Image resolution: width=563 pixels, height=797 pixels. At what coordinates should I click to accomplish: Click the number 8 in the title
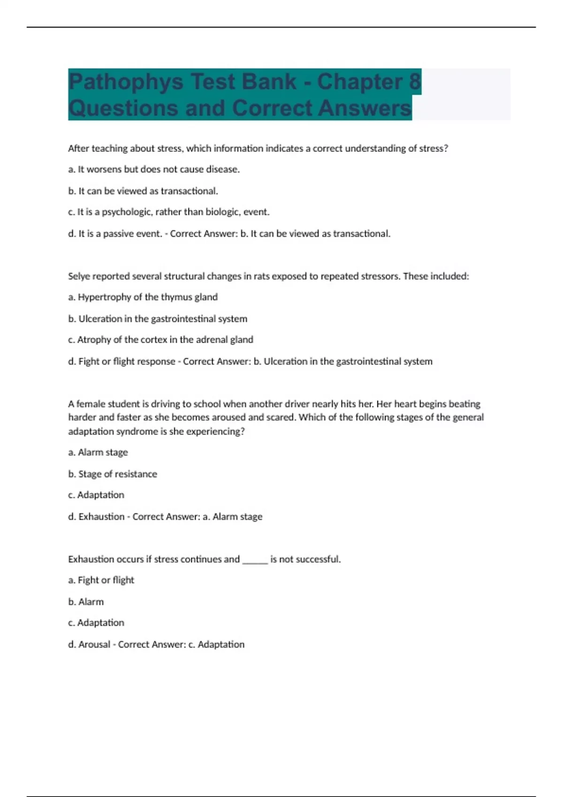tap(414, 82)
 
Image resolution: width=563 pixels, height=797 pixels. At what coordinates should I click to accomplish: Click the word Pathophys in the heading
tap(126, 82)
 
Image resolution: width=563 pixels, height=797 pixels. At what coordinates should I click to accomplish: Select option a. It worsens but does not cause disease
tap(154, 169)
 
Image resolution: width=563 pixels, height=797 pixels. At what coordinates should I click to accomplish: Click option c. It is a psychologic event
tap(169, 212)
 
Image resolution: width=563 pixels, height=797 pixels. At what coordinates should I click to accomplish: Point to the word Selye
tap(80, 276)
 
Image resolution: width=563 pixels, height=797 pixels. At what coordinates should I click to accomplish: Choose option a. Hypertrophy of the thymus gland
tap(143, 297)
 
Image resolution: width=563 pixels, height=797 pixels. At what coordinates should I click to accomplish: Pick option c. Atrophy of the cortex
tap(160, 339)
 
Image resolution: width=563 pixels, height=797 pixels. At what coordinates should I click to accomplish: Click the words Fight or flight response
tap(127, 361)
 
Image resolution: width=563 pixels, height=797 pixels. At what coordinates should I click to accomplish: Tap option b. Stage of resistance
tap(113, 474)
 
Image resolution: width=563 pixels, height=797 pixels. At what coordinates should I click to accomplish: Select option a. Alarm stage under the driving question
tap(98, 452)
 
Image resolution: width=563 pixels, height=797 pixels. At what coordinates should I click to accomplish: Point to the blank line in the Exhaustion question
tap(255, 560)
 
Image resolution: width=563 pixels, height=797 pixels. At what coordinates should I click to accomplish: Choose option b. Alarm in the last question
tap(86, 602)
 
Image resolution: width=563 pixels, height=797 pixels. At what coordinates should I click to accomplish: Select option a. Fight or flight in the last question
tap(101, 580)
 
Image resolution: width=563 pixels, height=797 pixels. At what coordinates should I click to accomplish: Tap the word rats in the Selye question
tap(261, 276)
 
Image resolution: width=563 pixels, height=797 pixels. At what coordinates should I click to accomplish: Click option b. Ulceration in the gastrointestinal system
tap(158, 319)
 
